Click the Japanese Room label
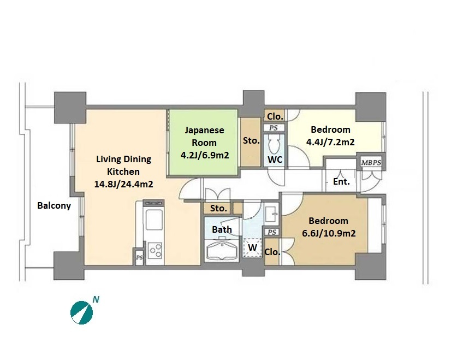point(204,136)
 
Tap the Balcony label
point(54,205)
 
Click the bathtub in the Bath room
point(222,251)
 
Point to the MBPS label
point(371,163)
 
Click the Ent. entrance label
point(341,181)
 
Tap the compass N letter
point(96,299)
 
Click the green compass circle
point(81,313)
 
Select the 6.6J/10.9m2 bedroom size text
point(329,233)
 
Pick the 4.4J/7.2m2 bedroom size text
point(330,142)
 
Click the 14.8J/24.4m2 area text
point(123,184)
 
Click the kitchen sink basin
point(154,219)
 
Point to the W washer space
point(252,247)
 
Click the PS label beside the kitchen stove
point(139,258)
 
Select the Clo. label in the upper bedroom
point(275,116)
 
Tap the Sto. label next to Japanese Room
point(251,140)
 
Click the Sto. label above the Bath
point(218,208)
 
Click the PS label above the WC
point(274,128)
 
